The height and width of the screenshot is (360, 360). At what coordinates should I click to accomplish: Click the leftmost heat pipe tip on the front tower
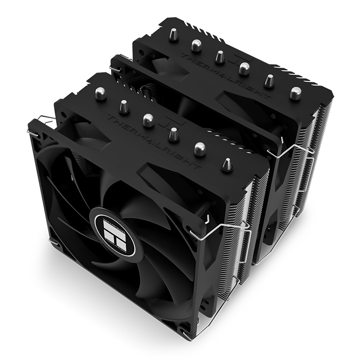click(x=100, y=94)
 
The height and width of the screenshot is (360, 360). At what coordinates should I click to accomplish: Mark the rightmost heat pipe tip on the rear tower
click(x=295, y=93)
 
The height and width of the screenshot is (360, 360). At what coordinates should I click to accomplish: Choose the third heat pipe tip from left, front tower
click(x=148, y=120)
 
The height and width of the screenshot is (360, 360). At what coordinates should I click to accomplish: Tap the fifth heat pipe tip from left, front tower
click(x=199, y=148)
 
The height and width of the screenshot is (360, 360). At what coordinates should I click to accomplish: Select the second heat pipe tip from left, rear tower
click(x=196, y=45)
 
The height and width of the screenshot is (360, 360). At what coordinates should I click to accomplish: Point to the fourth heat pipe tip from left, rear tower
click(x=244, y=68)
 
